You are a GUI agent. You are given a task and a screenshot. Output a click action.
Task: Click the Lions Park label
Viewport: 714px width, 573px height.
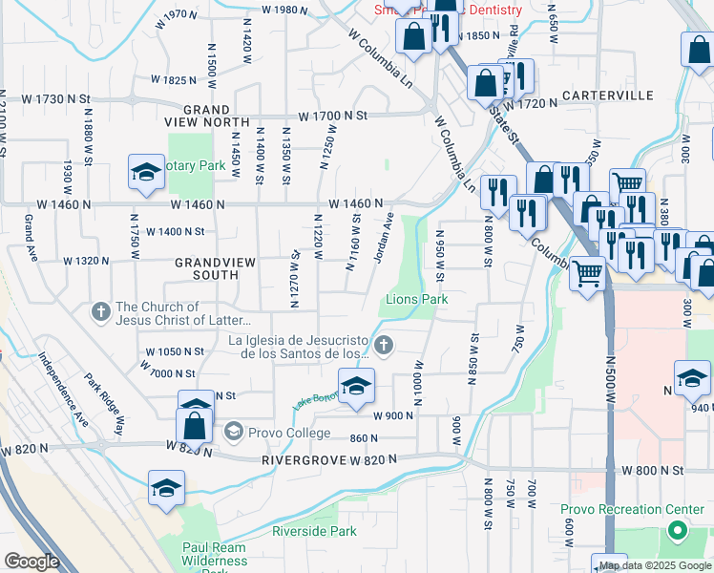point(416,300)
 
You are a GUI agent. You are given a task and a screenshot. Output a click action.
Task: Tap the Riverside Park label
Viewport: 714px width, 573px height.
point(314,531)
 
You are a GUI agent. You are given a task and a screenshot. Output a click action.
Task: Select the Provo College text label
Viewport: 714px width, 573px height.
point(290,434)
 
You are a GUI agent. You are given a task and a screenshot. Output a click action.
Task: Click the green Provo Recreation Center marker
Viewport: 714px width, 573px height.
point(678,530)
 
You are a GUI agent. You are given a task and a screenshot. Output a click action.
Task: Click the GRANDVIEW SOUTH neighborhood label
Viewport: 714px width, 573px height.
point(206,267)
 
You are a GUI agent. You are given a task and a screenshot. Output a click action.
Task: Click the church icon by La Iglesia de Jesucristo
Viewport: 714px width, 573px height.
point(383,346)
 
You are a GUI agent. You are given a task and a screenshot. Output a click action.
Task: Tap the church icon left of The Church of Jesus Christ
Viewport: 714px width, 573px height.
point(100,311)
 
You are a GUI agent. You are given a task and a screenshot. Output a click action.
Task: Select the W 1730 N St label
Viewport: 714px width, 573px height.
point(45,98)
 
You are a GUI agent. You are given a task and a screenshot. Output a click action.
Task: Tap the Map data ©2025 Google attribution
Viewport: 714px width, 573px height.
point(655,565)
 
